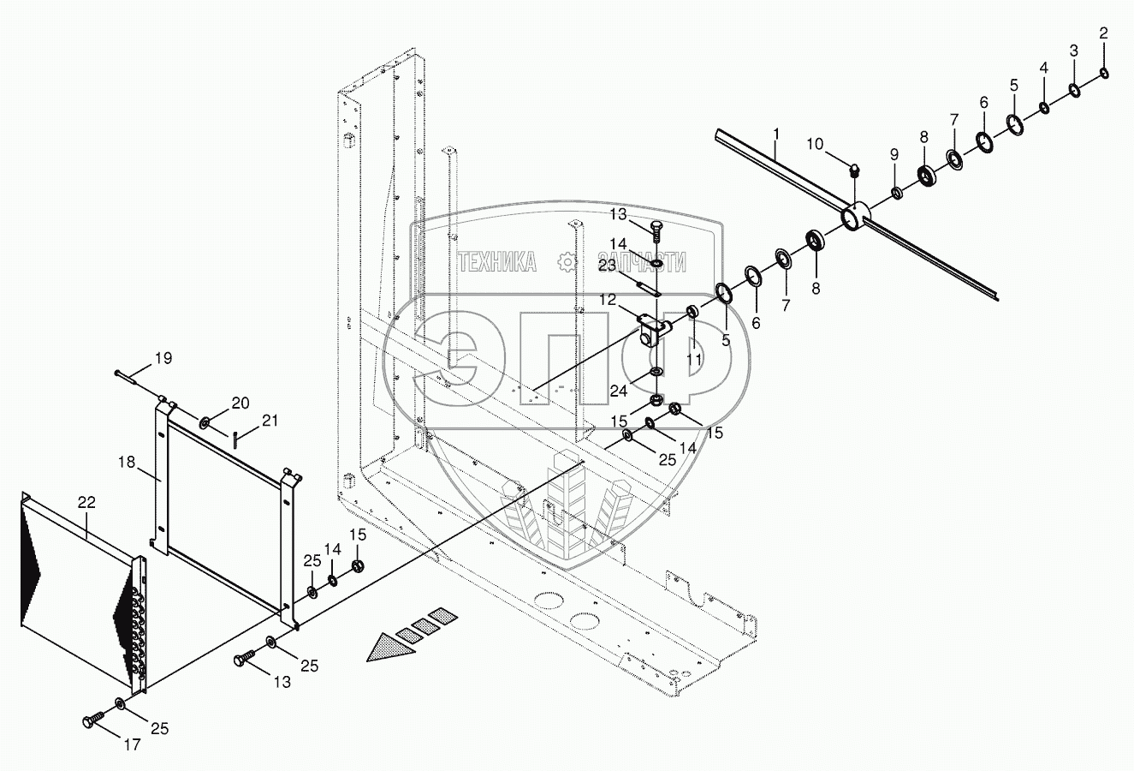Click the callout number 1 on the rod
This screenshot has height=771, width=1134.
click(775, 134)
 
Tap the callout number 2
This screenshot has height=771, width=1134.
click(1103, 33)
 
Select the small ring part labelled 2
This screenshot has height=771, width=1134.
click(1105, 72)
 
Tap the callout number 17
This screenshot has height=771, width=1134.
click(132, 744)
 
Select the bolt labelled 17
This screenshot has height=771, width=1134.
click(91, 721)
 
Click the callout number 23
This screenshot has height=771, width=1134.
click(631, 266)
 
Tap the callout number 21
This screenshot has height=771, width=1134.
click(270, 420)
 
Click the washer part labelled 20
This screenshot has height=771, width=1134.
click(206, 423)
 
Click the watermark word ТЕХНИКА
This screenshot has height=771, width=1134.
click(497, 262)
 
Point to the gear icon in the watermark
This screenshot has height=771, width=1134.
click(566, 261)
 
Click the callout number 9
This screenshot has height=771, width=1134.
click(894, 154)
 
